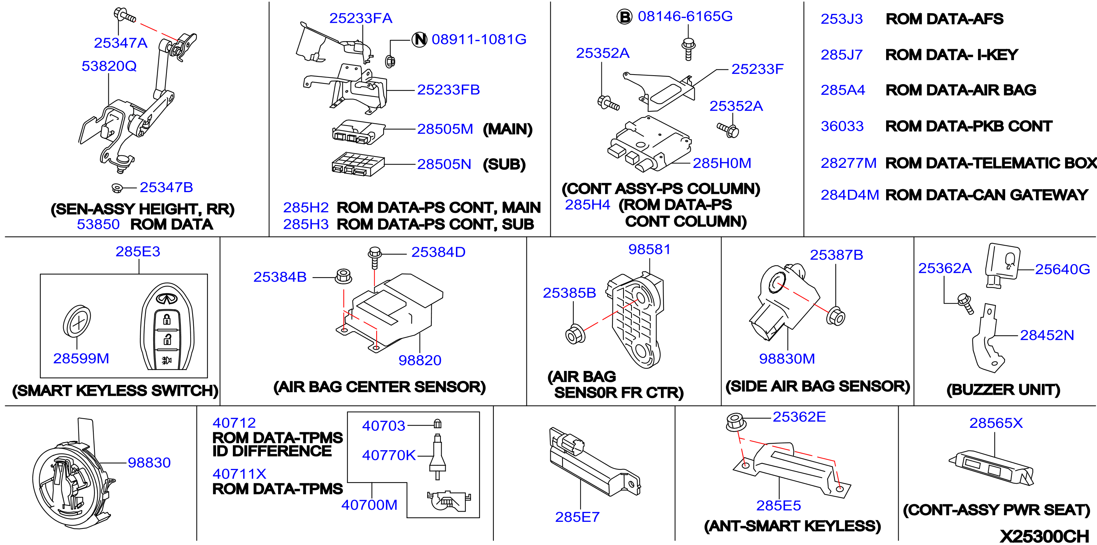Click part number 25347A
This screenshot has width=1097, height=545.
121,43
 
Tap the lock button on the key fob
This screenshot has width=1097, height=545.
166,319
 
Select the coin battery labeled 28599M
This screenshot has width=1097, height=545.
77,321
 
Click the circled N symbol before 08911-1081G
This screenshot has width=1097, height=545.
420,40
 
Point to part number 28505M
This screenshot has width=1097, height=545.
445,129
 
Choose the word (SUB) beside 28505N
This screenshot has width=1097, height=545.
504,165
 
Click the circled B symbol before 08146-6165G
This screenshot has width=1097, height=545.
625,17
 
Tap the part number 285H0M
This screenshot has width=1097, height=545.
722,163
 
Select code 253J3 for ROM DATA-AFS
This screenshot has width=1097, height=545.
842,19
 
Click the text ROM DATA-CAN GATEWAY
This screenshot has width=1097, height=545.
987,195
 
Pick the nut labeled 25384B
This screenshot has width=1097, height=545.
343,276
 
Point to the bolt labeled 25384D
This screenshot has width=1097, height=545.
374,257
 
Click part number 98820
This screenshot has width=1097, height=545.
420,360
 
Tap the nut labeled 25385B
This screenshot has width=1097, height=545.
575,334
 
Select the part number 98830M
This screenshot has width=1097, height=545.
787,358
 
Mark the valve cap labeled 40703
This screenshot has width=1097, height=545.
437,424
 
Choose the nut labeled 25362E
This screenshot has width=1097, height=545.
735,422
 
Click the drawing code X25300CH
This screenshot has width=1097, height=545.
1044,535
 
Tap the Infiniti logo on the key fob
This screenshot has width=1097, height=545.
166,299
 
